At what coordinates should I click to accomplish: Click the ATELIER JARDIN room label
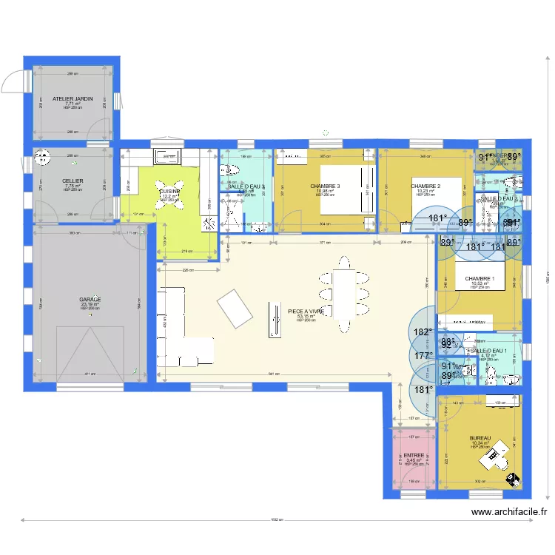73,98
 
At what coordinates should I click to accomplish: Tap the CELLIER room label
73,181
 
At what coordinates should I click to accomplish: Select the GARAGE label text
90,299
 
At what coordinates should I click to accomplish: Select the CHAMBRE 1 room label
479,279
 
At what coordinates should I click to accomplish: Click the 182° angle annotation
423,332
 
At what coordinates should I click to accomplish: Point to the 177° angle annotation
423,356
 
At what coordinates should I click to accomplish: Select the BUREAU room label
480,438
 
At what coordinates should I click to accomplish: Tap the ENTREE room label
414,456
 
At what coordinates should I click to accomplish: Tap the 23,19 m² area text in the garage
90,304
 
